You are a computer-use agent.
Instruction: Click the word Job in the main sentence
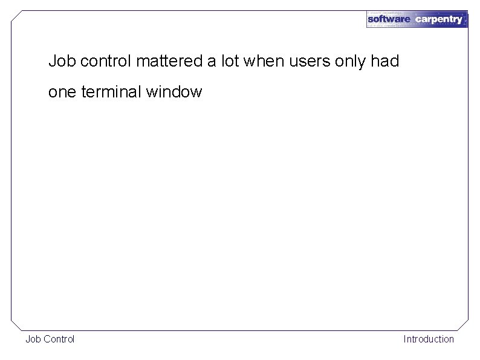pos(62,61)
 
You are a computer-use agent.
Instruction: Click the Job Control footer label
pos(50,339)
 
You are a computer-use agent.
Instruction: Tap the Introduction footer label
pos(429,339)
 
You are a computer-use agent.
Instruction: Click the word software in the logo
pos(389,19)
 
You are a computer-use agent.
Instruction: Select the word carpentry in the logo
pos(438,19)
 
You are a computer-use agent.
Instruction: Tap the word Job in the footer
pos(33,339)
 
